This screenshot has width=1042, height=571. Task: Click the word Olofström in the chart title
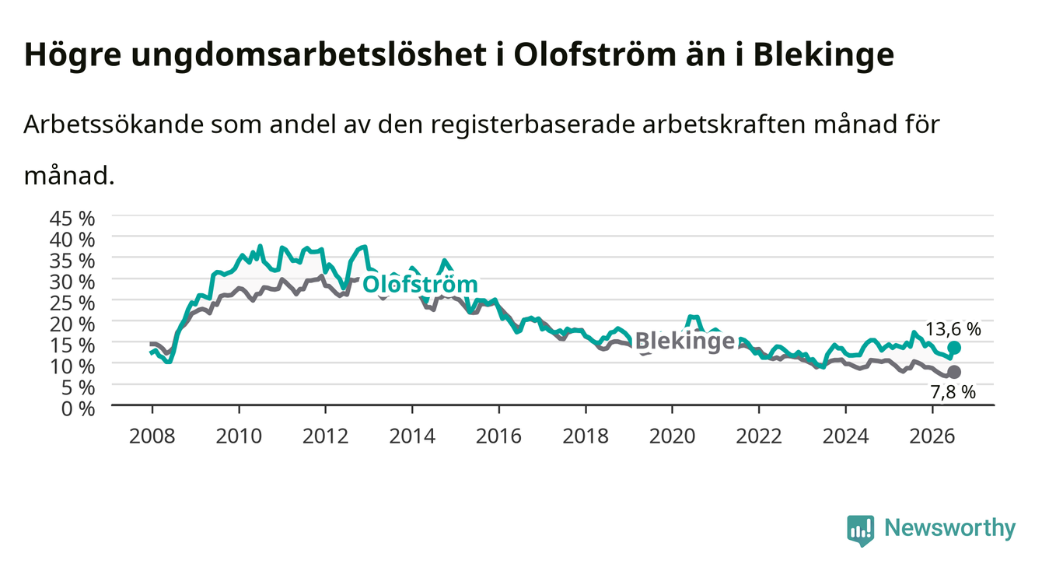pyautogui.click(x=594, y=55)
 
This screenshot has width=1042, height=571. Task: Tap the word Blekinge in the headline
pyautogui.click(x=823, y=55)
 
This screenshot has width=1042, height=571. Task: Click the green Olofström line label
pyautogui.click(x=420, y=284)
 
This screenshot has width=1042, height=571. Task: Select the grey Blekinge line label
pyautogui.click(x=684, y=342)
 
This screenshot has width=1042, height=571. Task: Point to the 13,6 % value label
pyautogui.click(x=953, y=329)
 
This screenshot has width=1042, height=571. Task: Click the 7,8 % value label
pyautogui.click(x=953, y=392)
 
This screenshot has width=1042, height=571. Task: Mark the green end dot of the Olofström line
pyautogui.click(x=954, y=348)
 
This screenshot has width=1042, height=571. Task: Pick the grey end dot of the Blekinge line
pyautogui.click(x=954, y=372)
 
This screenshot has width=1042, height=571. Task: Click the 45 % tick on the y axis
pyautogui.click(x=72, y=219)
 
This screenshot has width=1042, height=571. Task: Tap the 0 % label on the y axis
pyautogui.click(x=78, y=408)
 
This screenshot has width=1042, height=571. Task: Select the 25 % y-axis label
pyautogui.click(x=72, y=303)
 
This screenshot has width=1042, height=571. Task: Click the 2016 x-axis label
pyautogui.click(x=498, y=436)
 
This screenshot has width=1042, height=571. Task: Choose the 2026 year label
pyautogui.click(x=932, y=436)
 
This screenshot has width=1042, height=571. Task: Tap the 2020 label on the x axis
pyautogui.click(x=672, y=436)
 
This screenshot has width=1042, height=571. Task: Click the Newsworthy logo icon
pyautogui.click(x=861, y=531)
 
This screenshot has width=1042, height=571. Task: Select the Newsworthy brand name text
pyautogui.click(x=950, y=528)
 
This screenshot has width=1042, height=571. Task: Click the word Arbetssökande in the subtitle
pyautogui.click(x=114, y=124)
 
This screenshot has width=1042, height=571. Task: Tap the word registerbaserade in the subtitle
pyautogui.click(x=533, y=124)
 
